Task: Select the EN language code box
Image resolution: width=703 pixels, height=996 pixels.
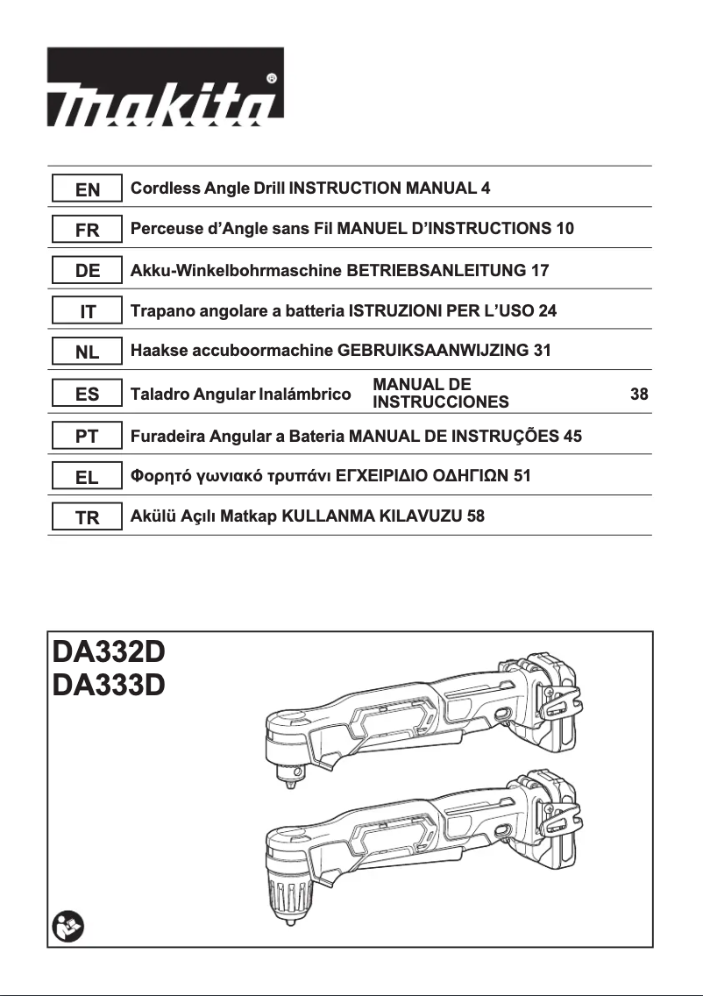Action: pos(87,189)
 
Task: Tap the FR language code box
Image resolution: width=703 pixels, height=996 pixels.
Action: pos(87,230)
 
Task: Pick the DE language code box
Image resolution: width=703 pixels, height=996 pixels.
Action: pos(87,271)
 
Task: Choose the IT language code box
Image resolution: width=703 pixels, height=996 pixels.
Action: pos(87,312)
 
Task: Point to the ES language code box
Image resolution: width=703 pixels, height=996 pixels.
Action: pos(87,395)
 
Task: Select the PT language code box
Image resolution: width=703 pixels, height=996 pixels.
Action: pos(87,436)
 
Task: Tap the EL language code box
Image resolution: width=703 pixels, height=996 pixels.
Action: pos(87,477)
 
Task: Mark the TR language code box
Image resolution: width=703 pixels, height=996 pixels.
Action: pos(87,518)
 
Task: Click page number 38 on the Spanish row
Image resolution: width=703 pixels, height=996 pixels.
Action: pos(639,395)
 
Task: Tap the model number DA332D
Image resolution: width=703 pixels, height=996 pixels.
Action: pos(109,654)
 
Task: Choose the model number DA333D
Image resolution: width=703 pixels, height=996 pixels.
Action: pos(109,685)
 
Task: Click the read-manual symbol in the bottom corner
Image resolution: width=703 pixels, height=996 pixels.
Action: pos(67,926)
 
